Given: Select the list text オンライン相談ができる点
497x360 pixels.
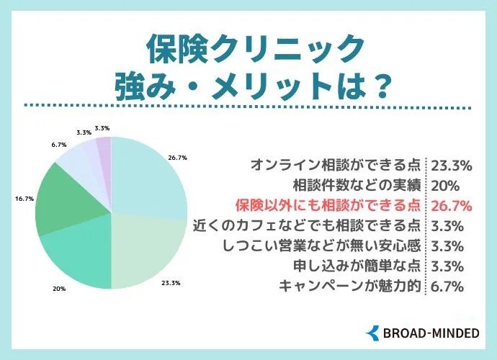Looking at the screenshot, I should click(x=336, y=165).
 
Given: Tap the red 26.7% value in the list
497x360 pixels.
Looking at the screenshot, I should click(x=451, y=206).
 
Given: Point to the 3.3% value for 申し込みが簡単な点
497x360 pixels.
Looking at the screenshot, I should click(x=447, y=266).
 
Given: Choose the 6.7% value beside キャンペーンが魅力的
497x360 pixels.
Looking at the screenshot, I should click(x=447, y=286).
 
